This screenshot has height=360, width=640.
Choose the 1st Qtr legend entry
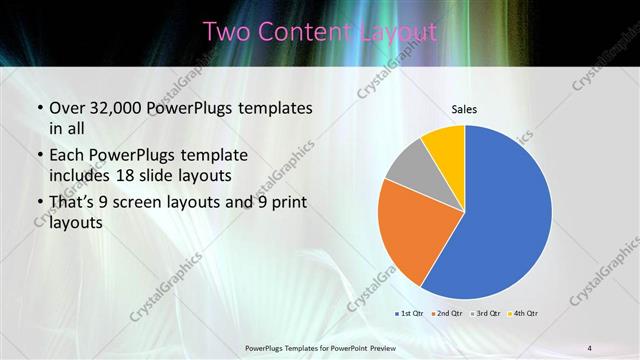tap(410, 313)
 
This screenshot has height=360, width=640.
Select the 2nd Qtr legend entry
tap(446, 313)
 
